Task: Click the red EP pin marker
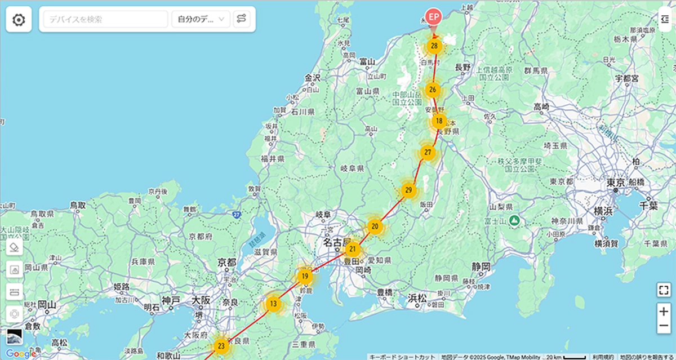433,17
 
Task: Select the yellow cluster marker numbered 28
434,46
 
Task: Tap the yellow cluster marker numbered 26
432,89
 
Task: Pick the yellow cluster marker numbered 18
439,120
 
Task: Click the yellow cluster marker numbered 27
428,152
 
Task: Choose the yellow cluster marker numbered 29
408,190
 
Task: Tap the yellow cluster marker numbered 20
375,226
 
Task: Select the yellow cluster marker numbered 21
353,249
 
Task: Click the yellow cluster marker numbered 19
304,276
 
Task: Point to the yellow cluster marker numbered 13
273,304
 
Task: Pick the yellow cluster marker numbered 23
221,345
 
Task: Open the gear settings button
19,20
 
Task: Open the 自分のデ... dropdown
201,20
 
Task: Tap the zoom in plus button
664,310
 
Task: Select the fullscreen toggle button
664,290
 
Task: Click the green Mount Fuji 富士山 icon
513,221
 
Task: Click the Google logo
21,353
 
